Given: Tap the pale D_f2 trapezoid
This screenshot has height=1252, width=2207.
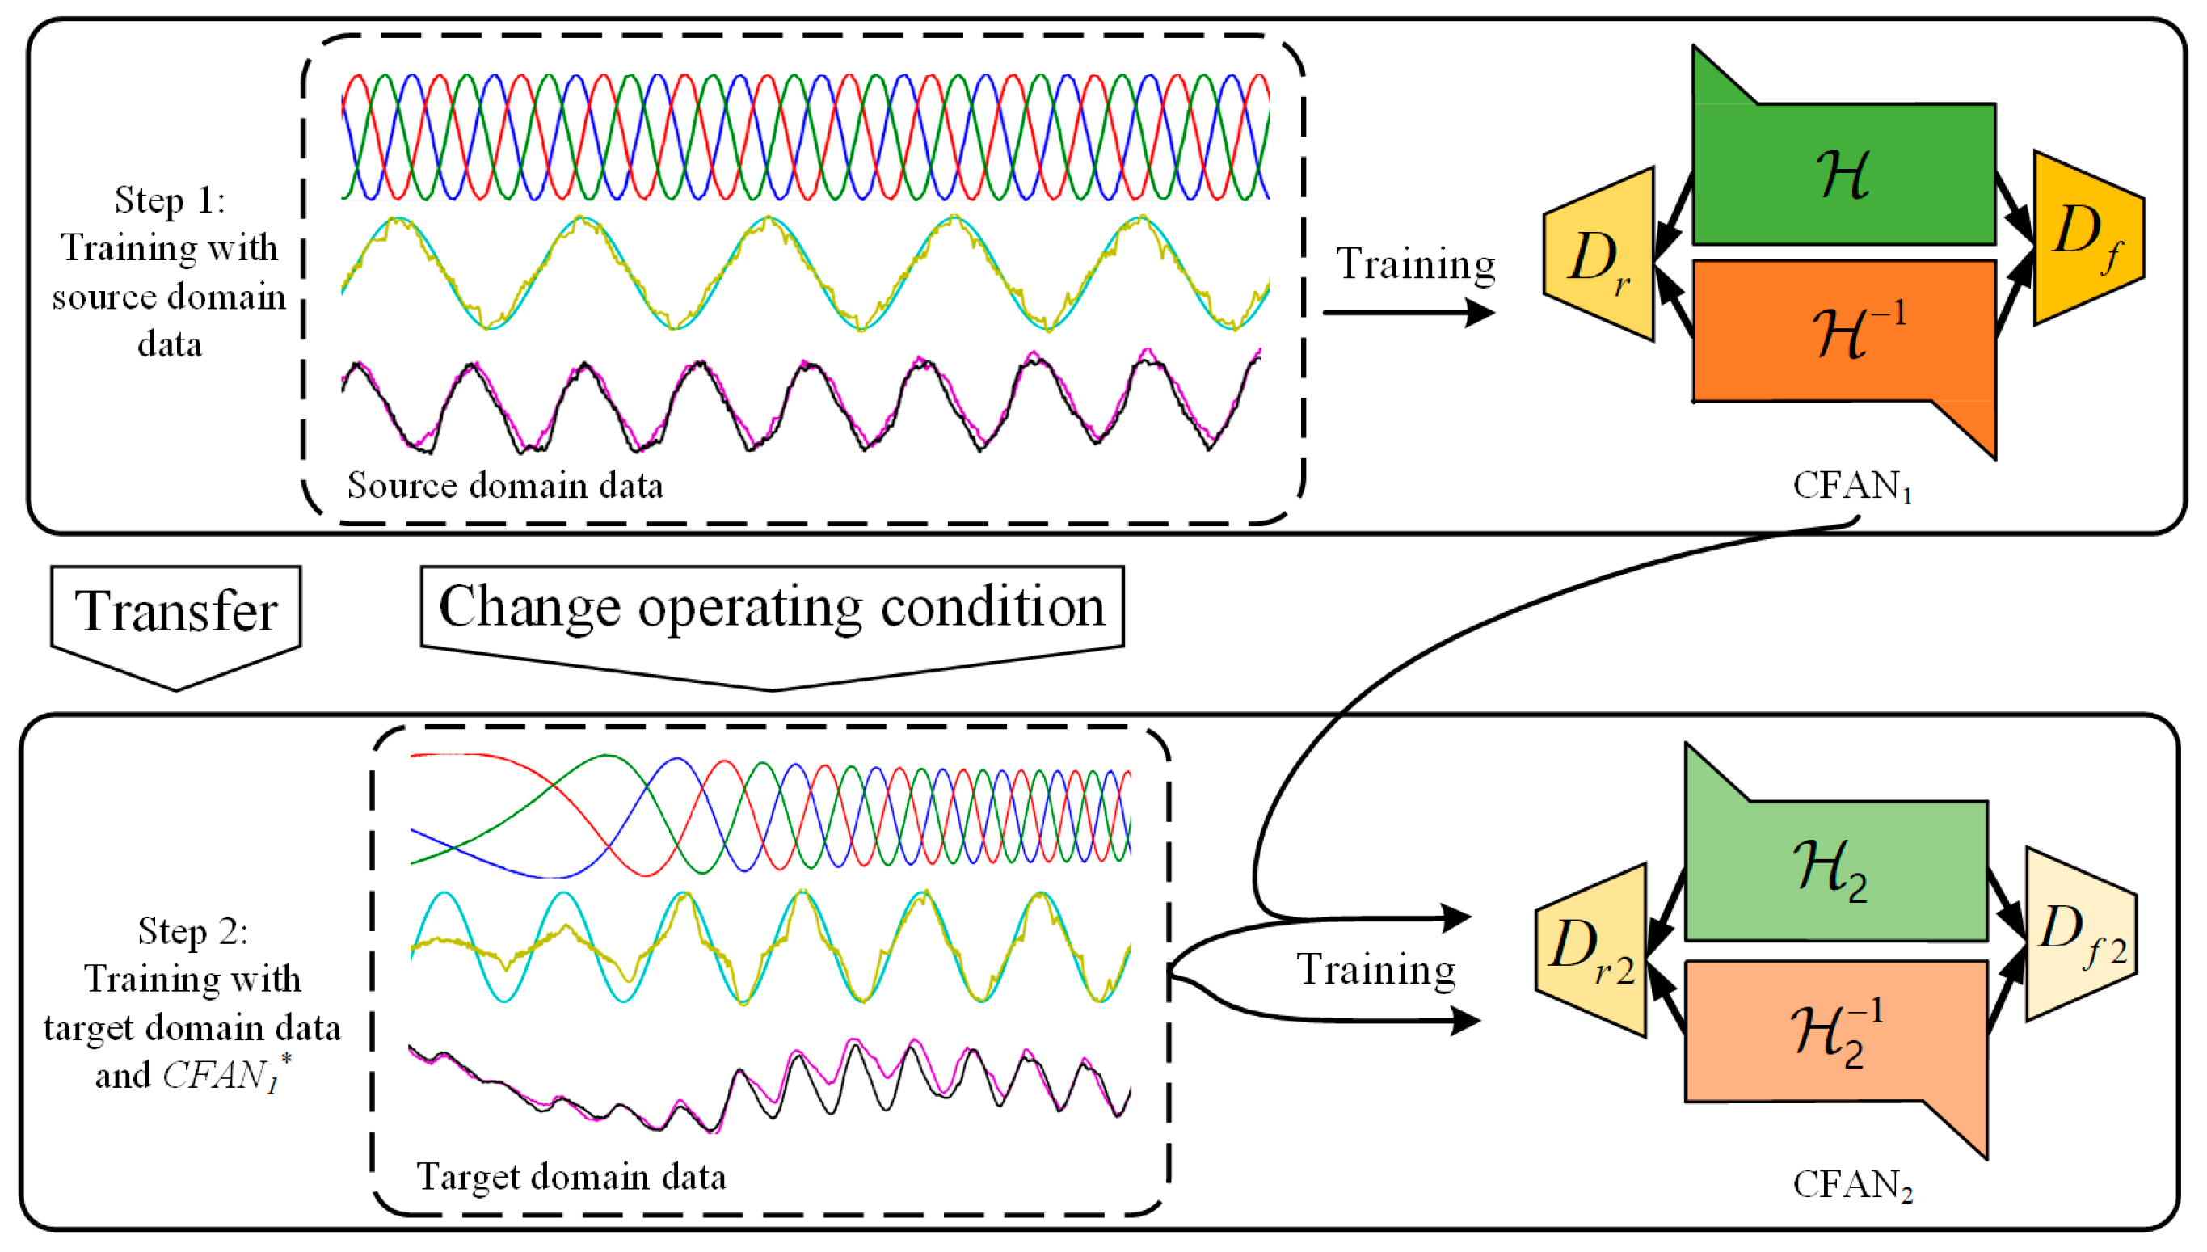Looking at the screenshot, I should click(x=2081, y=934).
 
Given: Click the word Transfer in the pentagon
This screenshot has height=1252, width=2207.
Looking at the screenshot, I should click(x=176, y=611).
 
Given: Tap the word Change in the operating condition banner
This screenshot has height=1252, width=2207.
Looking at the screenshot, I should click(x=529, y=607).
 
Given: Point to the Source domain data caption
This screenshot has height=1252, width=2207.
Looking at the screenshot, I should click(x=505, y=486).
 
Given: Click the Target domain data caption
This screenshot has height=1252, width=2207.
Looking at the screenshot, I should click(x=571, y=1176).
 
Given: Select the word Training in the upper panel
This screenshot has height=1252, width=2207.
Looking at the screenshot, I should click(x=1415, y=264).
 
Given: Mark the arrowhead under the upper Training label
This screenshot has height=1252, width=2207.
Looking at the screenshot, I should click(x=1479, y=312).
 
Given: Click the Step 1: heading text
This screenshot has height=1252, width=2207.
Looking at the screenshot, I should click(x=170, y=200).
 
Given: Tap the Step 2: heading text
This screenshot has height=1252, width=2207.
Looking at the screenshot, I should click(x=192, y=931).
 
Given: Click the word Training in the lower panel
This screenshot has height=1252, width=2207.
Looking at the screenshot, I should click(x=1375, y=970).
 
